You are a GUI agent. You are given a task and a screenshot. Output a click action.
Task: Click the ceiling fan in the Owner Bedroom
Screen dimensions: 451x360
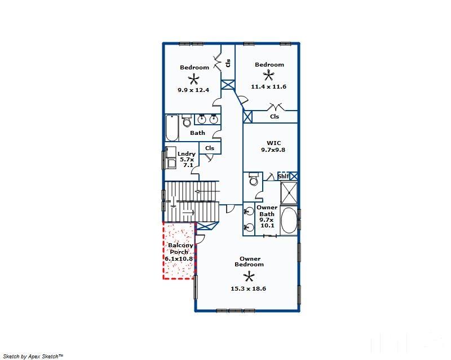249,277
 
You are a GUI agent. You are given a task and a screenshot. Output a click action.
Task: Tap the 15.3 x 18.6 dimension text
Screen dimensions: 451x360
248,288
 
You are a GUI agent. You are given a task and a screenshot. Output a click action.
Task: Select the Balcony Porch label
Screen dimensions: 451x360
180,248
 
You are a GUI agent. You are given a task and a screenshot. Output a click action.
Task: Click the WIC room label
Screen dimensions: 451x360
273,143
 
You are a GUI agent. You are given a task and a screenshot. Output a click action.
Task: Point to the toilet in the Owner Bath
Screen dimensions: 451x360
253,179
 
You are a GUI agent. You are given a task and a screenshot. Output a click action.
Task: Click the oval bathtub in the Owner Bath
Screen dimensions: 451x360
289,220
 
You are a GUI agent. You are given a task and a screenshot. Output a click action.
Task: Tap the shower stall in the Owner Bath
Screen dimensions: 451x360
289,193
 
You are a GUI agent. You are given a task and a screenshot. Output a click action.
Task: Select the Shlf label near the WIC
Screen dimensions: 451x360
284,176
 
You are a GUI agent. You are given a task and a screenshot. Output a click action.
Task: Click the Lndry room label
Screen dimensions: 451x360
187,154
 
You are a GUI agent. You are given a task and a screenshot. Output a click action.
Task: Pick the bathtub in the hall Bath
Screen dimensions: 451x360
172,128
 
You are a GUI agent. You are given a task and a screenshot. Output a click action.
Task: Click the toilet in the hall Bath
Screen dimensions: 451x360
187,121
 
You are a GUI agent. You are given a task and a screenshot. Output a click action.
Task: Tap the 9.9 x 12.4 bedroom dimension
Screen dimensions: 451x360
193,90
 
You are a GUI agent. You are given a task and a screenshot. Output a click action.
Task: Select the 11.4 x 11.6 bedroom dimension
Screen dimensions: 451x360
269,86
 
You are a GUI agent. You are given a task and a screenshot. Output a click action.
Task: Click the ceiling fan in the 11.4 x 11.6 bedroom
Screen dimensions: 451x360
269,76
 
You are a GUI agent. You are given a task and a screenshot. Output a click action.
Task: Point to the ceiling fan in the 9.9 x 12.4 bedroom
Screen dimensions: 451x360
193,78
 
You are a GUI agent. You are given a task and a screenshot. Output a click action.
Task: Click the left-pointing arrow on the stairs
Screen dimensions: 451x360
207,191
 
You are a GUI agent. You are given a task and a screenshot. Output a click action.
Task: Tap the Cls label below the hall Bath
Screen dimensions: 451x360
210,148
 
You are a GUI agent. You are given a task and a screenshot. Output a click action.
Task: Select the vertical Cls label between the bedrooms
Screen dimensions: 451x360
228,63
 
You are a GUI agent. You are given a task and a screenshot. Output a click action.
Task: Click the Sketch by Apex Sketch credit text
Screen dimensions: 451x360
33,356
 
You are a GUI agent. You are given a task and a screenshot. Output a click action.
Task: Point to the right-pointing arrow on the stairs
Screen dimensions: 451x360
188,213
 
